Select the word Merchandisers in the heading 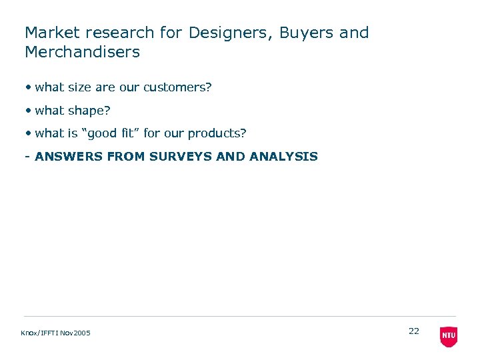[82, 52]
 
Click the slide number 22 [414, 331]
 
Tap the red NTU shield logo [449, 337]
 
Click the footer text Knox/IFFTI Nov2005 [56, 333]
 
